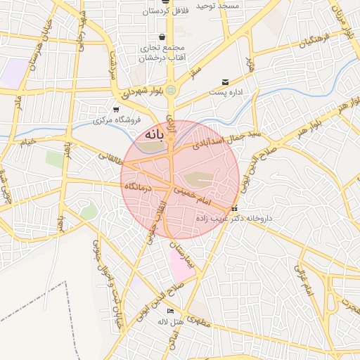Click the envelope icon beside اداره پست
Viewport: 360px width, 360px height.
(225, 82)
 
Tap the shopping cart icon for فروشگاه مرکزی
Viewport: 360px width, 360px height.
(116, 110)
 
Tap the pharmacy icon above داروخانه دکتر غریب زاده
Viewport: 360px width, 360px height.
(234, 208)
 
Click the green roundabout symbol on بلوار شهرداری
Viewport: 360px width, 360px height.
(171, 90)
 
